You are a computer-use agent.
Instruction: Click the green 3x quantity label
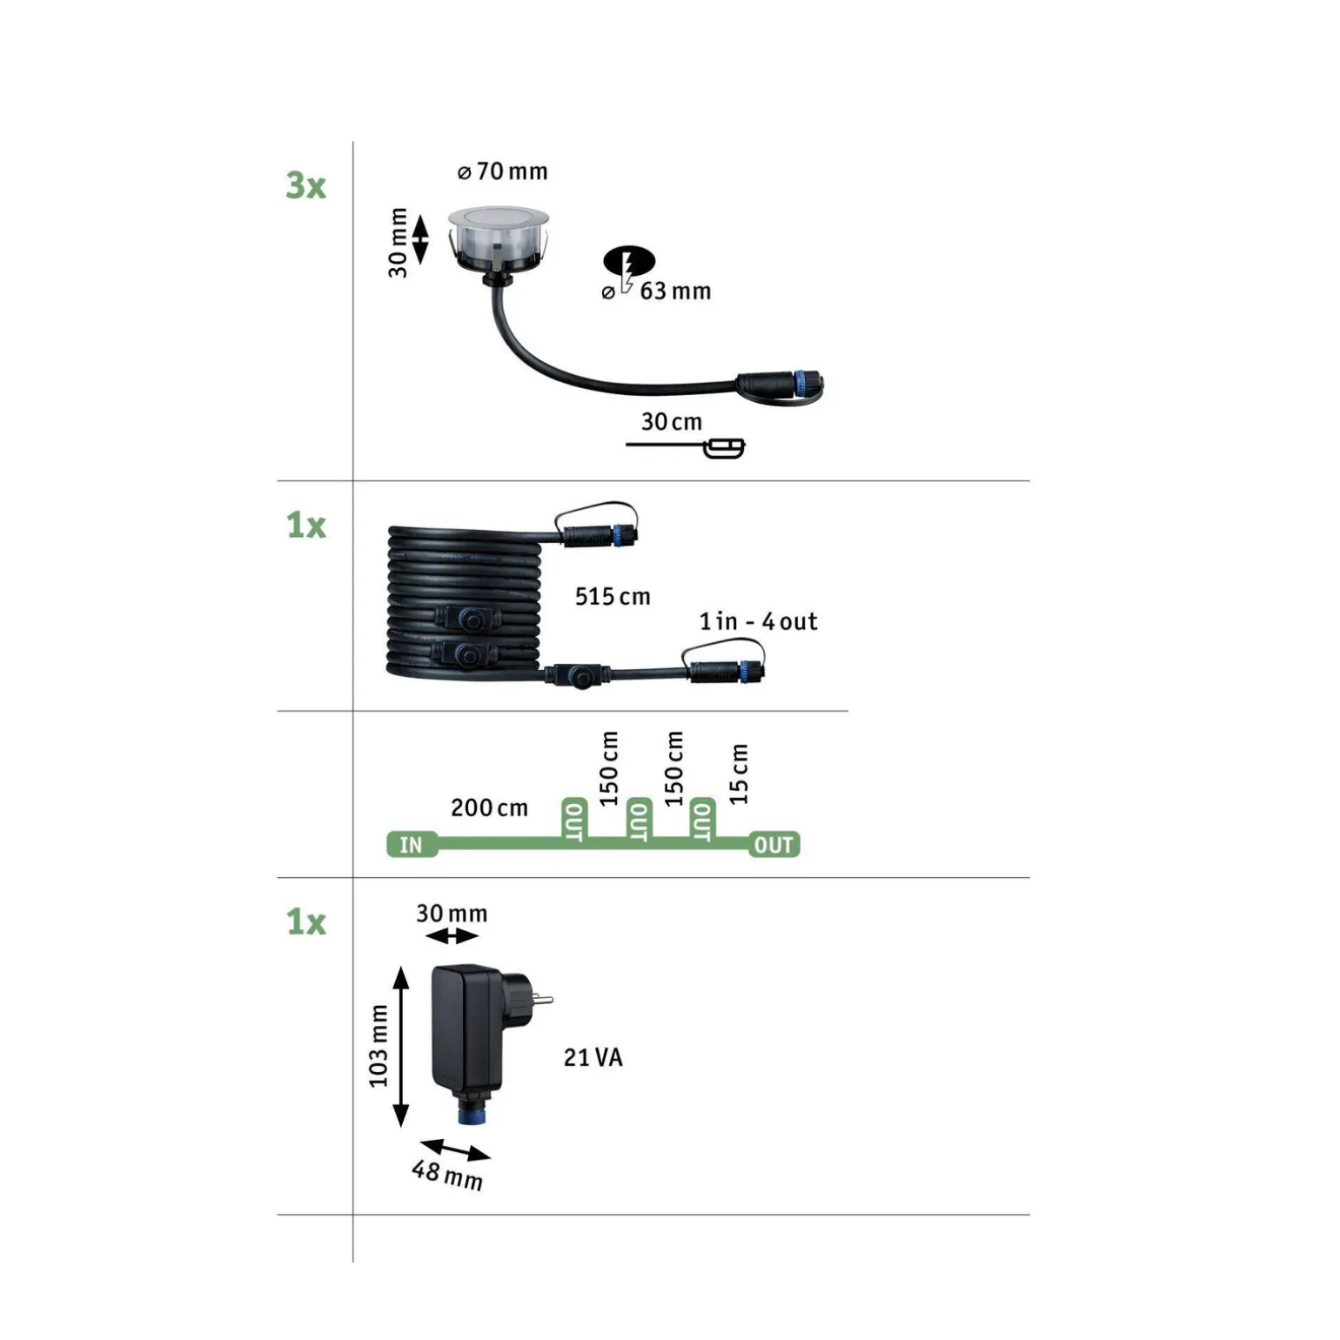pyautogui.click(x=305, y=185)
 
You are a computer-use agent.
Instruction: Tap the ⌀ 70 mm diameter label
pyautogui.click(x=503, y=171)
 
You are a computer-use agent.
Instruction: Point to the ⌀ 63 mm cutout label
pyautogui.click(x=657, y=291)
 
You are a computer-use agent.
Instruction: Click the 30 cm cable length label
pyautogui.click(x=672, y=422)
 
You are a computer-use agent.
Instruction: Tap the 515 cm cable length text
pyautogui.click(x=613, y=596)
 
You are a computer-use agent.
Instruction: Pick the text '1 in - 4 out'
pyautogui.click(x=758, y=621)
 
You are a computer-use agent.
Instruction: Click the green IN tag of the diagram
pyautogui.click(x=411, y=844)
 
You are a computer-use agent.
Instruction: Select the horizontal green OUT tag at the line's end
pyautogui.click(x=774, y=844)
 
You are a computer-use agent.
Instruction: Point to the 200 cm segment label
pyautogui.click(x=489, y=807)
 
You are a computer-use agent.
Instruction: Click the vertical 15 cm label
pyautogui.click(x=738, y=774)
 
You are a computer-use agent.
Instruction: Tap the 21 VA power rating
pyautogui.click(x=593, y=1057)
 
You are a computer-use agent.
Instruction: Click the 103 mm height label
pyautogui.click(x=378, y=1046)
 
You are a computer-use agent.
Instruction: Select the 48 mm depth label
pyautogui.click(x=447, y=1174)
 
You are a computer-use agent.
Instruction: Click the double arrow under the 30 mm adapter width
pyautogui.click(x=452, y=936)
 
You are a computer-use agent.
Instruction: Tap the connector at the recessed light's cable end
pyautogui.click(x=780, y=385)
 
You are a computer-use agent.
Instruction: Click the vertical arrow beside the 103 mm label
pyautogui.click(x=401, y=1046)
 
